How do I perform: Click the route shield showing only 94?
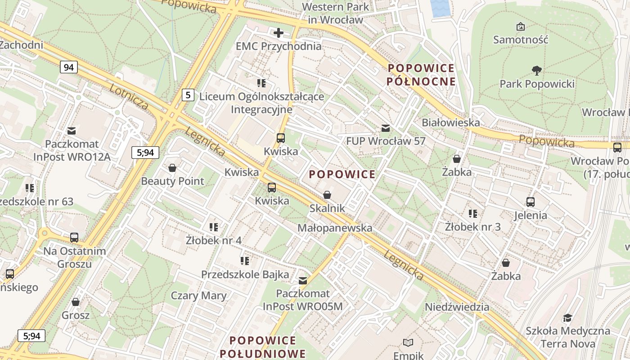pos(68,67)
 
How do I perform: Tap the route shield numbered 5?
pos(188,95)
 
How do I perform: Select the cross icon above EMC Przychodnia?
pos(279,33)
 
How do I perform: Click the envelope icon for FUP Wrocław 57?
pos(386,128)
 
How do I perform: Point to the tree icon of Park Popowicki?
pos(536,71)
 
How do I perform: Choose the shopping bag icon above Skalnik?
pos(327,195)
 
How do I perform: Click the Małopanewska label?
pos(335,228)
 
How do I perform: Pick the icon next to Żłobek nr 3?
pos(472,214)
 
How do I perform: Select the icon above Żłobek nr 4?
pos(214,227)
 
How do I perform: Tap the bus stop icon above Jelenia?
pos(531,202)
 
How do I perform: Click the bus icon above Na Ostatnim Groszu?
pos(74,238)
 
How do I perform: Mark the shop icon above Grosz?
pos(76,302)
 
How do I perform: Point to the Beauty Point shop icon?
pos(172,168)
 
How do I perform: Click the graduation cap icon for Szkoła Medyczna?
pos(568,318)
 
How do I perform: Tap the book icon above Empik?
pos(408,343)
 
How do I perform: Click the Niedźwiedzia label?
pos(457,307)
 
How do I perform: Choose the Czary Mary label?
pos(198,296)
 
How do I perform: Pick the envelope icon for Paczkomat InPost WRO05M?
pos(303,281)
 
